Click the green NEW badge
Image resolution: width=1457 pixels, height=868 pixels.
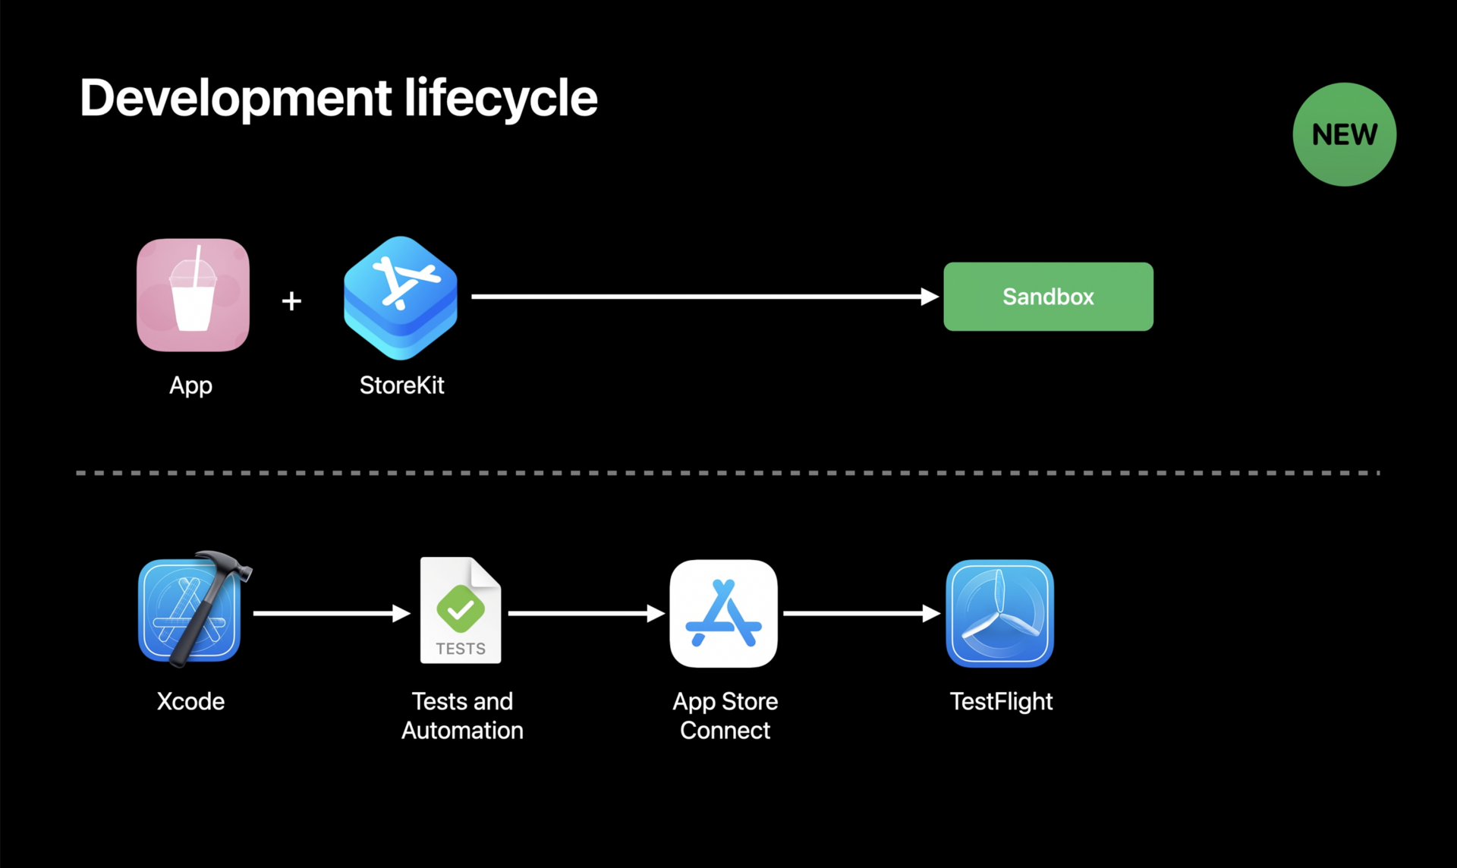click(1344, 134)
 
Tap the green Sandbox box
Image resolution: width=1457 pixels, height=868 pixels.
click(1048, 297)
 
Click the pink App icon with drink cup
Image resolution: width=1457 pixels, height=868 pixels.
click(193, 295)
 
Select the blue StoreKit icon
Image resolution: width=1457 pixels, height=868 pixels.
click(401, 297)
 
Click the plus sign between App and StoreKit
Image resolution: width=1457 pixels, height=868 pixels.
click(291, 301)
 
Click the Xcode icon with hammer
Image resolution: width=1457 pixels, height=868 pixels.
click(191, 612)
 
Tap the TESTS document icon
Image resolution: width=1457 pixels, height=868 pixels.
click(461, 612)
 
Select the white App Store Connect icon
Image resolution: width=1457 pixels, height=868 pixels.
click(723, 613)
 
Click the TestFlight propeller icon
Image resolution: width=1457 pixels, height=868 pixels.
click(999, 613)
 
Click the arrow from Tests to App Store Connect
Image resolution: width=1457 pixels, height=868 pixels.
click(585, 613)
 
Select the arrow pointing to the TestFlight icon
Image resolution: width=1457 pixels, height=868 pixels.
click(861, 613)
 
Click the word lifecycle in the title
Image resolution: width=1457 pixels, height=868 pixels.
click(501, 99)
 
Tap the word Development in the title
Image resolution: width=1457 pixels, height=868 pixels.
click(236, 99)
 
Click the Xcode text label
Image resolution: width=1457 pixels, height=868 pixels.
click(190, 701)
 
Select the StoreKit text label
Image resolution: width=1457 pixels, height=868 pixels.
click(401, 385)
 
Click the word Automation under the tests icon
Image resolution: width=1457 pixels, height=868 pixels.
click(462, 731)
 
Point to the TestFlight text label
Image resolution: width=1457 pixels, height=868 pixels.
click(1001, 702)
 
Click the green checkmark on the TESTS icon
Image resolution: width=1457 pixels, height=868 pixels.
click(461, 609)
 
